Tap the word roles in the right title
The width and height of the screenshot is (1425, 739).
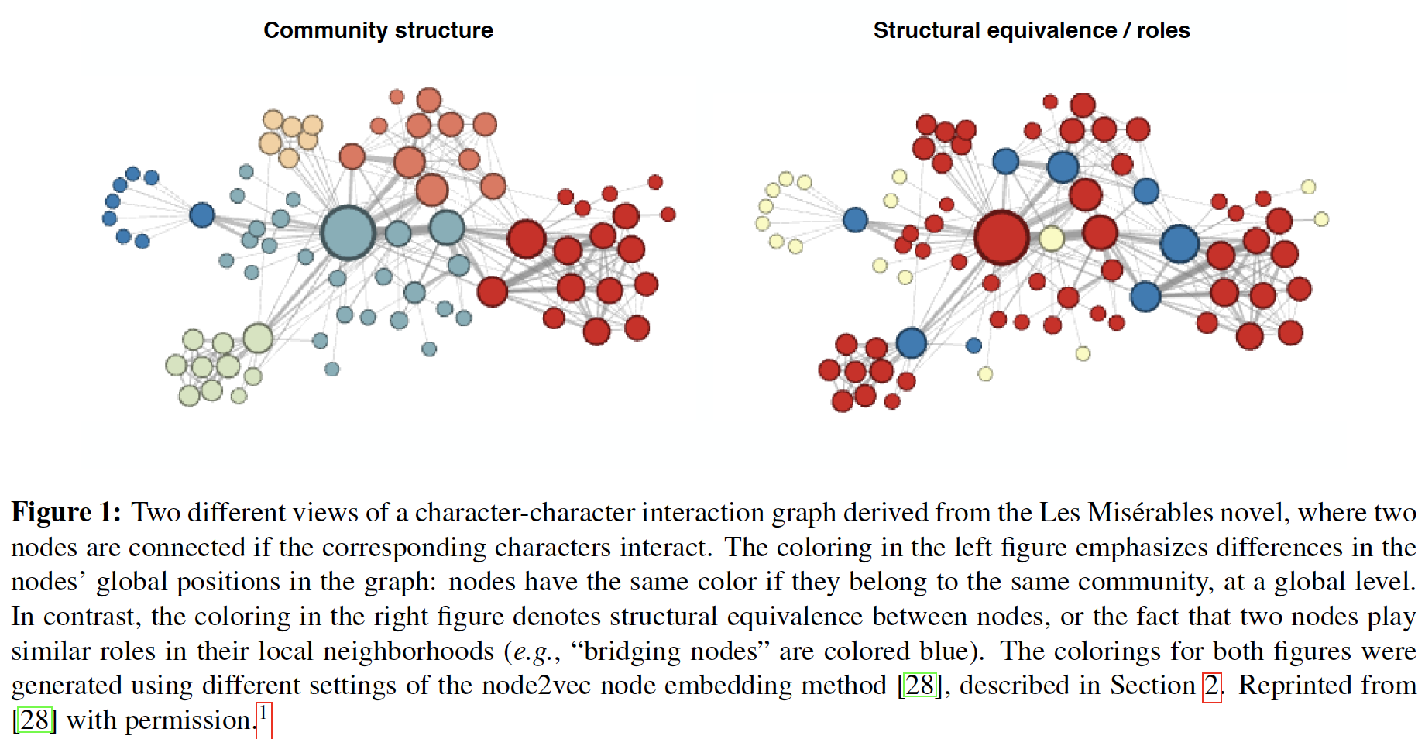1162,30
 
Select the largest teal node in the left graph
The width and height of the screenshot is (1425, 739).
348,232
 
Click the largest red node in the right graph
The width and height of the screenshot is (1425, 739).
1001,237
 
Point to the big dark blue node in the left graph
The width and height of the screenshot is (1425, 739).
202,215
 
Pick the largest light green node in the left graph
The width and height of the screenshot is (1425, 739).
258,339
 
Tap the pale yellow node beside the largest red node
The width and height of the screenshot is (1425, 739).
1051,238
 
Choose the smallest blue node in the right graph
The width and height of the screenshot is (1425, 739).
973,345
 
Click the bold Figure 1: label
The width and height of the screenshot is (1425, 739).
66,513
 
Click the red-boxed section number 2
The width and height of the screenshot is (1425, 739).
1210,686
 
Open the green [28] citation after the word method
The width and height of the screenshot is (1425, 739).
919,686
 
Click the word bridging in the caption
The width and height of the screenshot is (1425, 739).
631,651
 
